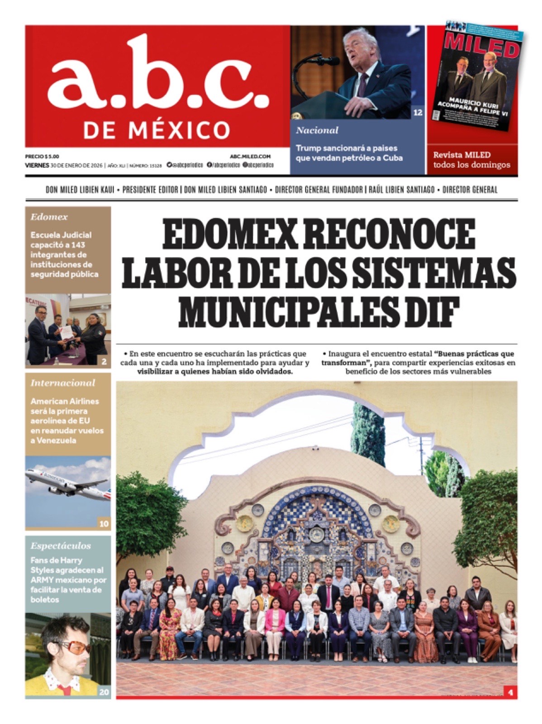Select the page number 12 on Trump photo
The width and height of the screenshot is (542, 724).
click(418, 113)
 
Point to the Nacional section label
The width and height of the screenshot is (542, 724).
click(317, 130)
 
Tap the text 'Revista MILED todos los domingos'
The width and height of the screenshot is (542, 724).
click(471, 160)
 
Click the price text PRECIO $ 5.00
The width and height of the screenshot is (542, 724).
click(42, 156)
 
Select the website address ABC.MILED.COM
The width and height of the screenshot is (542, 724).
click(250, 156)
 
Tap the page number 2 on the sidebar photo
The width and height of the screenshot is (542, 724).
click(104, 362)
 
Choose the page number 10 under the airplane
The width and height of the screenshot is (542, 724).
click(104, 524)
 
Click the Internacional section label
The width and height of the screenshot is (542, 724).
click(63, 383)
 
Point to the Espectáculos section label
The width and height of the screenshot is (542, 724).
click(61, 546)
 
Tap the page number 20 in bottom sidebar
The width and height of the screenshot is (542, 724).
click(104, 692)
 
